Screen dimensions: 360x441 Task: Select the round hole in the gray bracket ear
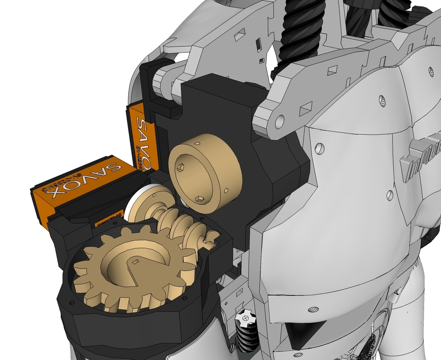(280, 121)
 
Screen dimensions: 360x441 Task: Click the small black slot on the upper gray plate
(258, 44)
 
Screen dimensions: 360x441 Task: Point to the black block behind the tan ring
(215, 108)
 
